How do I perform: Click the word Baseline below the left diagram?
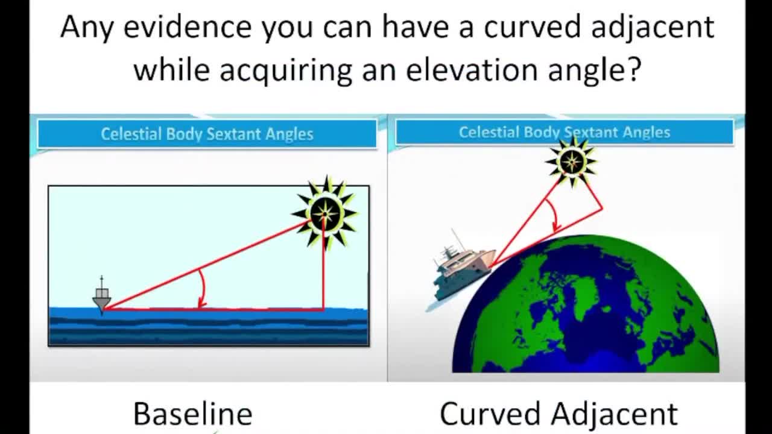pos(192,414)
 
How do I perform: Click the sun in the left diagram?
pos(326,212)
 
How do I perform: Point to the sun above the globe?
pos(571,161)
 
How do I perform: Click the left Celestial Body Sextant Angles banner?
pos(207,134)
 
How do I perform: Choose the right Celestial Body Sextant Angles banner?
pos(564,132)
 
